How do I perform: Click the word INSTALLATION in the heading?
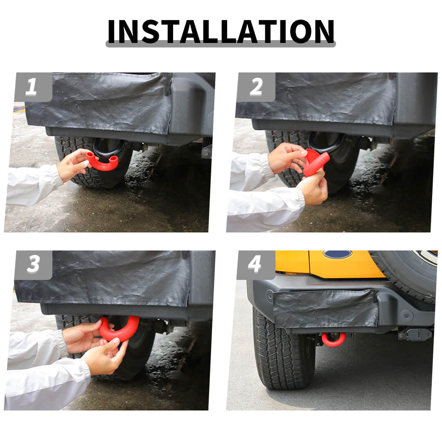click(x=221, y=31)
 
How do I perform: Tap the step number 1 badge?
click(x=33, y=87)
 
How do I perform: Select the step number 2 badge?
click(x=256, y=87)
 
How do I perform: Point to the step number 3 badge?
click(x=33, y=265)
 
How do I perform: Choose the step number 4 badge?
click(x=256, y=265)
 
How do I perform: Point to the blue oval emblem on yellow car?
click(x=337, y=254)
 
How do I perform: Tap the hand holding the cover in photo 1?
click(x=73, y=165)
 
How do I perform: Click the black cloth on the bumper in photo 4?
click(x=326, y=309)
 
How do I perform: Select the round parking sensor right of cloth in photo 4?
click(x=407, y=316)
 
